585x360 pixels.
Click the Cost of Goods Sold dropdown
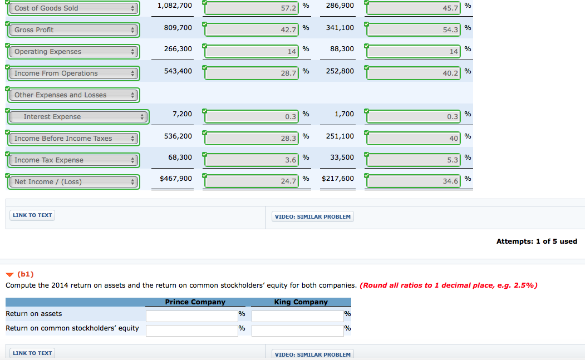73,8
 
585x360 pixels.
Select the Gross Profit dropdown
73,30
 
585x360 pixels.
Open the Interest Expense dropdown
79,117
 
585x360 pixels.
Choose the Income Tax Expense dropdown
73,160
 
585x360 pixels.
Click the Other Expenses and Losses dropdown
73,95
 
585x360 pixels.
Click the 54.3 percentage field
414,30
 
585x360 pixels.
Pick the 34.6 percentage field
414,182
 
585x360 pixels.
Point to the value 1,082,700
174,6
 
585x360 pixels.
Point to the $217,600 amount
337,179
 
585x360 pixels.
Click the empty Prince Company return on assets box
192,315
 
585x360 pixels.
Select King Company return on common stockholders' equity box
298,331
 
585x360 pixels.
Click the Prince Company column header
195,302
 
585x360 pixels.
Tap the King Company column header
301,302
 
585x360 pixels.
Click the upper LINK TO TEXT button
32,215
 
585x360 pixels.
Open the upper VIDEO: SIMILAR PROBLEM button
313,217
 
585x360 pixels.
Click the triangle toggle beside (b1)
9,274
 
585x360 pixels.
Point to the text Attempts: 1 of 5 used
537,241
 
